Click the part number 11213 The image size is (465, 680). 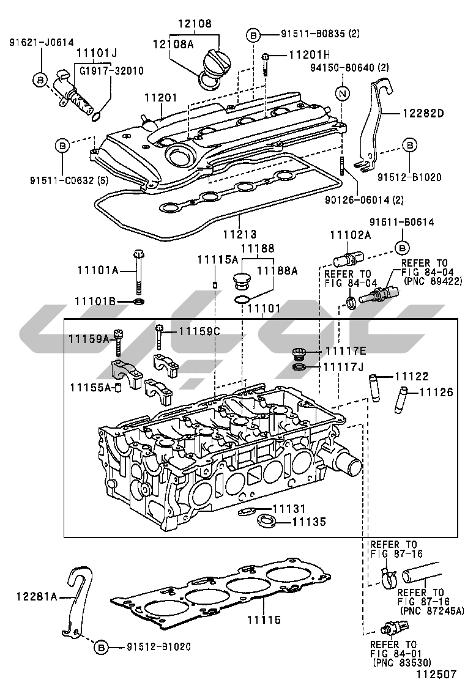click(239, 234)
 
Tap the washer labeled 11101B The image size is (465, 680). click(139, 302)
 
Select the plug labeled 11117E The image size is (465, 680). click(299, 353)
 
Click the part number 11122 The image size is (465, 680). click(411, 377)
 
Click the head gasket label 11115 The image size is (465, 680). click(264, 620)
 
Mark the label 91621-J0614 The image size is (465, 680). click(41, 42)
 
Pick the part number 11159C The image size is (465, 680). click(199, 332)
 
